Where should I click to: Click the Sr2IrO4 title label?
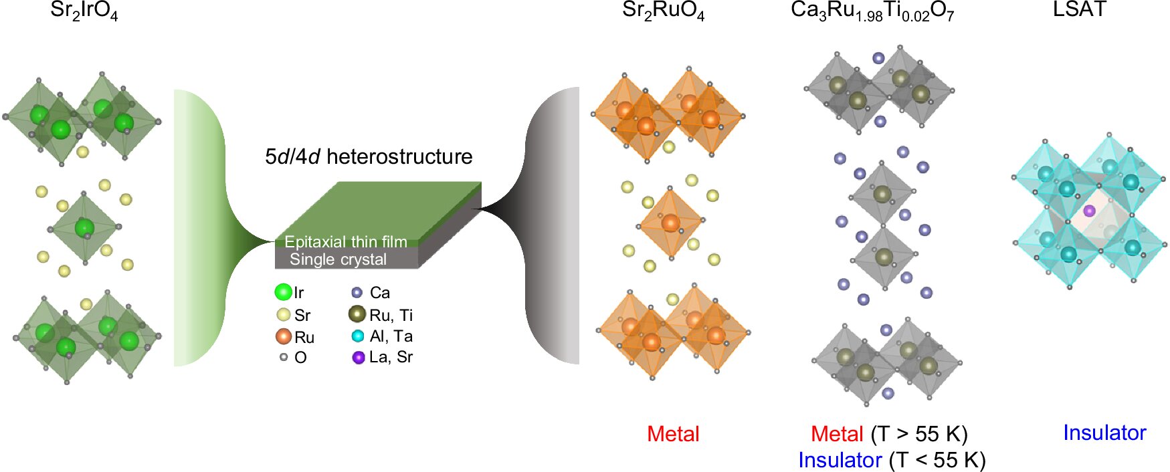pos(84,11)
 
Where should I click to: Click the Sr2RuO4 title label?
pos(663,11)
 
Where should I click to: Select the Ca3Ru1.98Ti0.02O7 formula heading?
pos(872,11)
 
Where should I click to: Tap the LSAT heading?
pos(1079,9)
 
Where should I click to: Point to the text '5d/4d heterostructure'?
pos(369,156)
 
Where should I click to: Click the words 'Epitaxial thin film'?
pos(345,241)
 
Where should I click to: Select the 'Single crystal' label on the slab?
pos(338,259)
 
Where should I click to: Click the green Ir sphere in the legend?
pos(283,292)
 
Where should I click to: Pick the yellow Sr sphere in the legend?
pos(284,315)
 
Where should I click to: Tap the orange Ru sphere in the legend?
pos(284,336)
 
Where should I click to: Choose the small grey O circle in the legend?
pos(284,357)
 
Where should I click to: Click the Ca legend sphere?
pos(357,292)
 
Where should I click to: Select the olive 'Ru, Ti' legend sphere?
pos(357,314)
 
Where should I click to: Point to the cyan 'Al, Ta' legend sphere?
pos(358,336)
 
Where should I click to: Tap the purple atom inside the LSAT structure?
pos(1089,211)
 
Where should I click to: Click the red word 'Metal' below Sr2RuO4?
pos(673,434)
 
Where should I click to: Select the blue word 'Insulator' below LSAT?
pos(1104,433)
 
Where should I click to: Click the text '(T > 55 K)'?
pos(919,434)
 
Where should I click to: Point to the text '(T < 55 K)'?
pos(937,460)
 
